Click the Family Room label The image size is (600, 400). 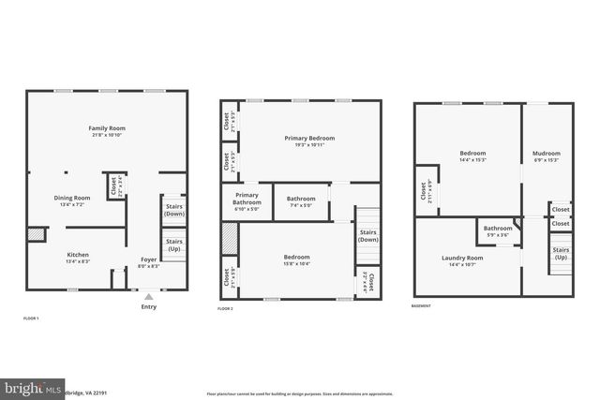107,128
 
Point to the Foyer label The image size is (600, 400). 149,259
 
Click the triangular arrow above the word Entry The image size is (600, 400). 148,296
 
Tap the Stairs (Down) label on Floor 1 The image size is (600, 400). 173,210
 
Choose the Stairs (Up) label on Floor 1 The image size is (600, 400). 173,244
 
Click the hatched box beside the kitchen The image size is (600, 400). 36,234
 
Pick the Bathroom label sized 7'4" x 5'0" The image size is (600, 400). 301,199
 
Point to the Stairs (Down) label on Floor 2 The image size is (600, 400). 367,235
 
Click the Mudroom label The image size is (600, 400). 546,154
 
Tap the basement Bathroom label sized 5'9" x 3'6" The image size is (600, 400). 498,229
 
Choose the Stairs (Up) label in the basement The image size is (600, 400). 561,253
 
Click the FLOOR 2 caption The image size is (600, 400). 225,308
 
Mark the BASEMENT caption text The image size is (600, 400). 422,306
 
